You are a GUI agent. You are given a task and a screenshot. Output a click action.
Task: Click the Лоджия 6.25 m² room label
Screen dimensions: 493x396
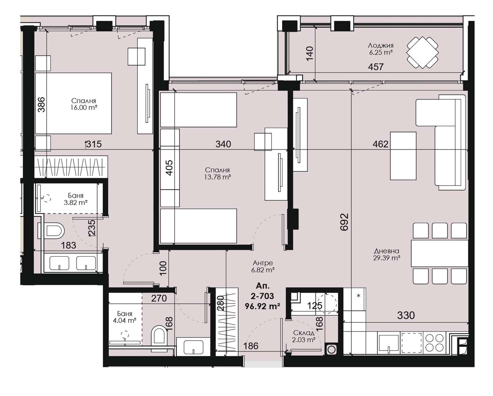[x=381, y=49]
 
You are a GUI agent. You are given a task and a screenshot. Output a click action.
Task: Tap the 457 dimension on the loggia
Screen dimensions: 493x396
[x=376, y=67]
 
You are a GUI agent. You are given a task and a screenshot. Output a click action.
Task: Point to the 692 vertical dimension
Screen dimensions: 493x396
[x=344, y=222]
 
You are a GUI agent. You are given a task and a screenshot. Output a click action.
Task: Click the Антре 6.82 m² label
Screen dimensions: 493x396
[x=263, y=266]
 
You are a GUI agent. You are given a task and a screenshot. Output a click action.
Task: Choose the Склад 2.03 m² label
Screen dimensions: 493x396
[x=304, y=336]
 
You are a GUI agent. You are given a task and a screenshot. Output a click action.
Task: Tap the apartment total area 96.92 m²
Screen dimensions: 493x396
[x=263, y=306]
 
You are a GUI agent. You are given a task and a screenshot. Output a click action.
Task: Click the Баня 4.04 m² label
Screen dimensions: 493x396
[x=125, y=317]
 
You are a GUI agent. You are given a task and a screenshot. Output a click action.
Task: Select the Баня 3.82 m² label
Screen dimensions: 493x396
[x=76, y=199]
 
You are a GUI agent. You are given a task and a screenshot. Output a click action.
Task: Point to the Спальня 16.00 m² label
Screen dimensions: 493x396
[x=83, y=104]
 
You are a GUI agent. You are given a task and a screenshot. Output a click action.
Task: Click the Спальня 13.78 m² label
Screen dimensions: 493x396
[x=217, y=173]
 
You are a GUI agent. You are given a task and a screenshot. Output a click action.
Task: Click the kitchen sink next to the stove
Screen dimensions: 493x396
[x=389, y=343]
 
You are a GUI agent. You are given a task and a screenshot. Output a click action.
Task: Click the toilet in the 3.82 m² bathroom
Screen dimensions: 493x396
[x=54, y=230]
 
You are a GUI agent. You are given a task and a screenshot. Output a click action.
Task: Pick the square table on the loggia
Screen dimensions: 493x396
[x=422, y=53]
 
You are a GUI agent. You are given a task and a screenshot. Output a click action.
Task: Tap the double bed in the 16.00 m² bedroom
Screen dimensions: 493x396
[x=73, y=103]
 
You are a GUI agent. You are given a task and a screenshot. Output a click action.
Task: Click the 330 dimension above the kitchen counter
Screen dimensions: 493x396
[x=406, y=315]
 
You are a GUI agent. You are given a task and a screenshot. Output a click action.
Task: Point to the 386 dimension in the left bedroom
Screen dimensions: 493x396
[x=41, y=105]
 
